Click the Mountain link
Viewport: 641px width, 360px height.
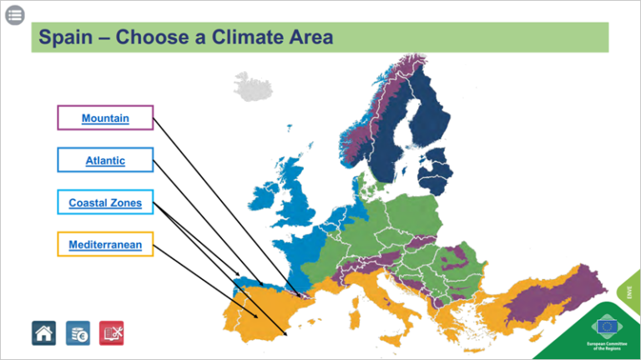(105, 119)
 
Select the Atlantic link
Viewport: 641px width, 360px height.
(105, 160)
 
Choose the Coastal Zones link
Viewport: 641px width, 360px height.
(105, 203)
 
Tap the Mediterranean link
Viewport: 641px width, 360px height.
(105, 245)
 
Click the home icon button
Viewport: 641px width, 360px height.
(44, 332)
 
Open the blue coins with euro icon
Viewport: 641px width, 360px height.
(78, 332)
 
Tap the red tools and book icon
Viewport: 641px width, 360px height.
(111, 332)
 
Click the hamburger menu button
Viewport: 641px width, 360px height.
(15, 15)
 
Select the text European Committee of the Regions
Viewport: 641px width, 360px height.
(607, 346)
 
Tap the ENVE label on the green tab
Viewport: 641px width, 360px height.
(630, 292)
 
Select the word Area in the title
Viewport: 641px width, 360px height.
(310, 38)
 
